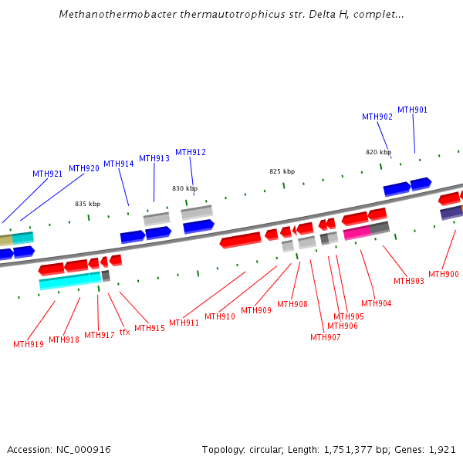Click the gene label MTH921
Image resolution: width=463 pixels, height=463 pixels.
click(47, 174)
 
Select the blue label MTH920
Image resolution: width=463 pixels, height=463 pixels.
click(84, 168)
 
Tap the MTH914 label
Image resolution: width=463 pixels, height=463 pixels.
click(119, 164)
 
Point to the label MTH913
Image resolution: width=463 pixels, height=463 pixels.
click(154, 158)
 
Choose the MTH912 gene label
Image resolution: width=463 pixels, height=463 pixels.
click(191, 152)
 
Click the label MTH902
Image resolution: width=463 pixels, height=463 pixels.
click(377, 117)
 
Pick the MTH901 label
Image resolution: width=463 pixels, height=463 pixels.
click(412, 110)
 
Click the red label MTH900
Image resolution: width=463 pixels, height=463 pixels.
click(444, 274)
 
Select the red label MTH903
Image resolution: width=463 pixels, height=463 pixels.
click(409, 281)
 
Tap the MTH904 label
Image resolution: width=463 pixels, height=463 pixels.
click(377, 303)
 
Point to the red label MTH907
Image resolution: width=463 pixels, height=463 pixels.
click(326, 337)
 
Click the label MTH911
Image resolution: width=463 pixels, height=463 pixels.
click(184, 323)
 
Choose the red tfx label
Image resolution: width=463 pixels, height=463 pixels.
click(124, 332)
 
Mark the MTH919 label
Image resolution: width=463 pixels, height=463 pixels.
click(29, 344)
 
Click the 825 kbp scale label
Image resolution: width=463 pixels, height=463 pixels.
click(282, 171)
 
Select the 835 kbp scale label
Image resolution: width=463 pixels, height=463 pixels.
click(87, 204)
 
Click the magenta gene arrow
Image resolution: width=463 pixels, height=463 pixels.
click(357, 232)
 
